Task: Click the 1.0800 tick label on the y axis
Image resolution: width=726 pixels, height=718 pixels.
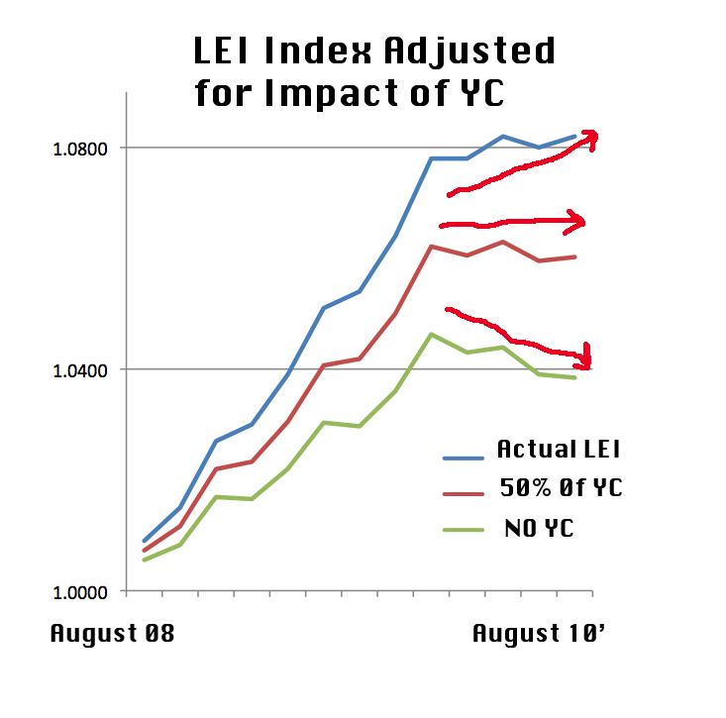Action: (82, 148)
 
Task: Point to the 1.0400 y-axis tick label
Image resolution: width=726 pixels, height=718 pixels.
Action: (82, 369)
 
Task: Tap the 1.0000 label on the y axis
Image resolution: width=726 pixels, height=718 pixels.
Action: (82, 591)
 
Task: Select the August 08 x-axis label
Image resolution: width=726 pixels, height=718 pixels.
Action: (112, 633)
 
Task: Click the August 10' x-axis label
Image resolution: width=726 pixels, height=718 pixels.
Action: (540, 633)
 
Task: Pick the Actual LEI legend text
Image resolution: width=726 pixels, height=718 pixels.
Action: (559, 450)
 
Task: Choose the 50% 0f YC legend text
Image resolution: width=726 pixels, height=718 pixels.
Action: (562, 488)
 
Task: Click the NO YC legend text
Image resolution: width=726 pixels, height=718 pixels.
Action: (540, 528)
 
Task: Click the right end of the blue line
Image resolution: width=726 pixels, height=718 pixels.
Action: (575, 137)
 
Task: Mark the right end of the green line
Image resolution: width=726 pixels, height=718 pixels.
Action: (575, 377)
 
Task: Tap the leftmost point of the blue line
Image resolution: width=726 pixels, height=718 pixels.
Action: (144, 541)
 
